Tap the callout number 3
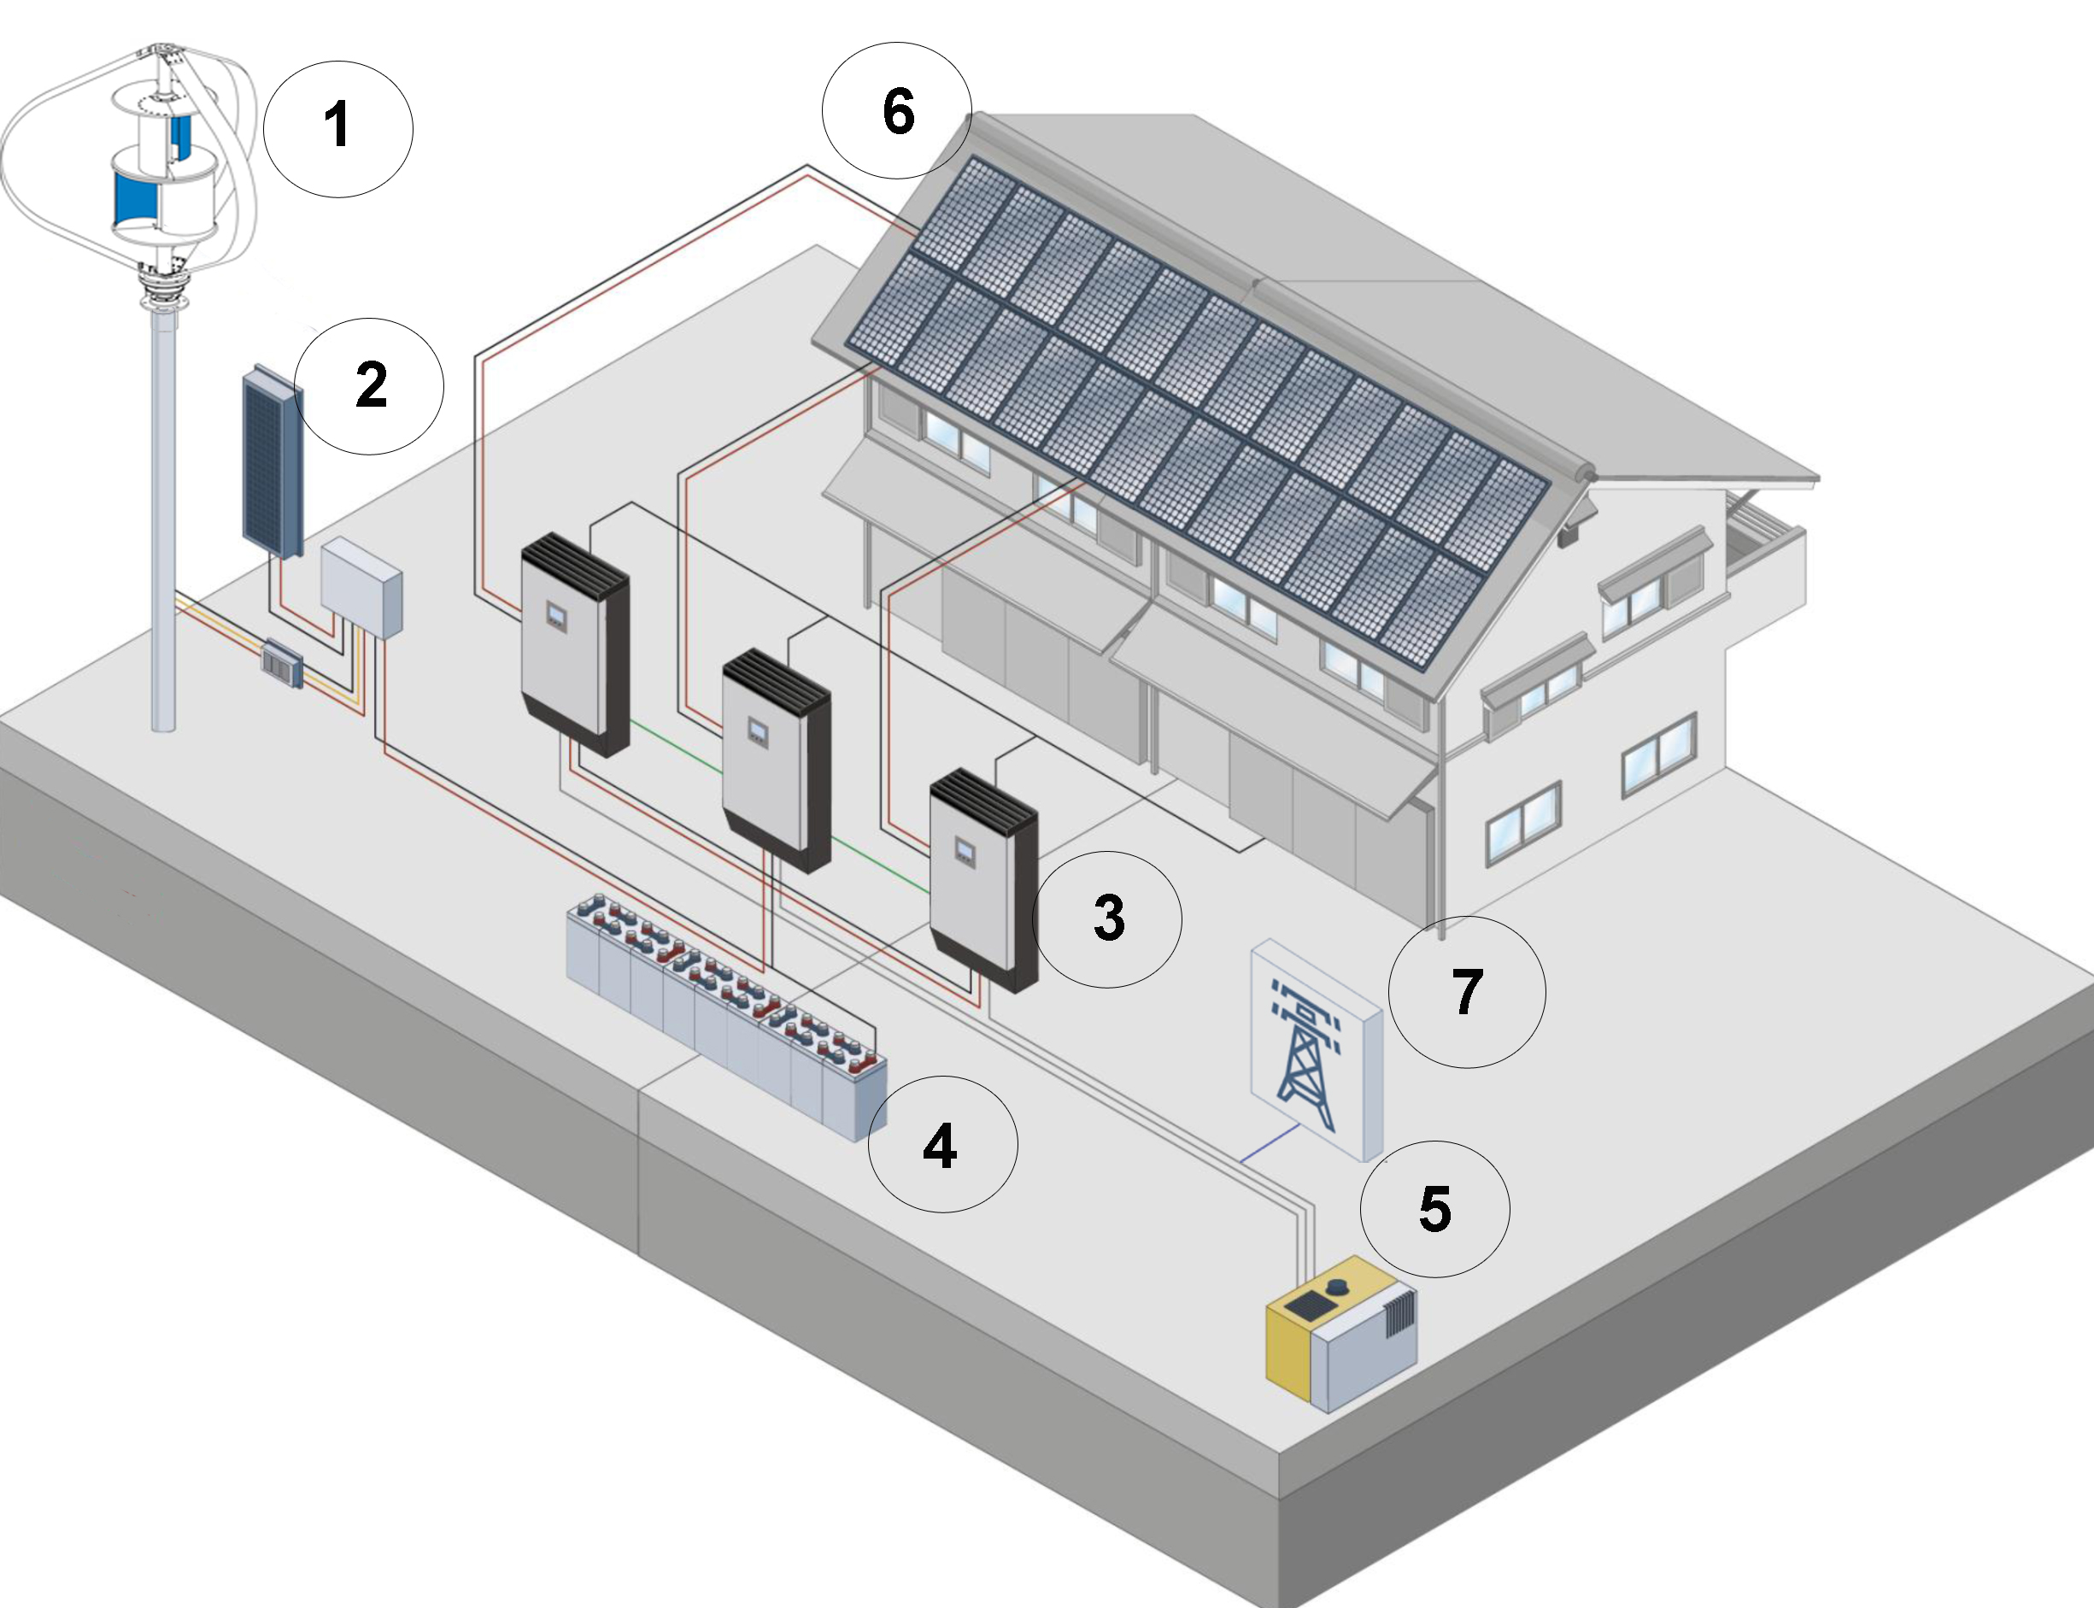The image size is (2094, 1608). point(1107,918)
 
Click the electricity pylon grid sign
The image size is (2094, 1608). point(1317,1050)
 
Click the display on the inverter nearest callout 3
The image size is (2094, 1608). point(964,849)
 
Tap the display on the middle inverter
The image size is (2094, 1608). point(757,733)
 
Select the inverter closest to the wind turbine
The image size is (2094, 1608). point(575,644)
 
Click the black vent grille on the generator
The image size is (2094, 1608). point(1399,1312)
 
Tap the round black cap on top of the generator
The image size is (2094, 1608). point(1337,1287)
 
